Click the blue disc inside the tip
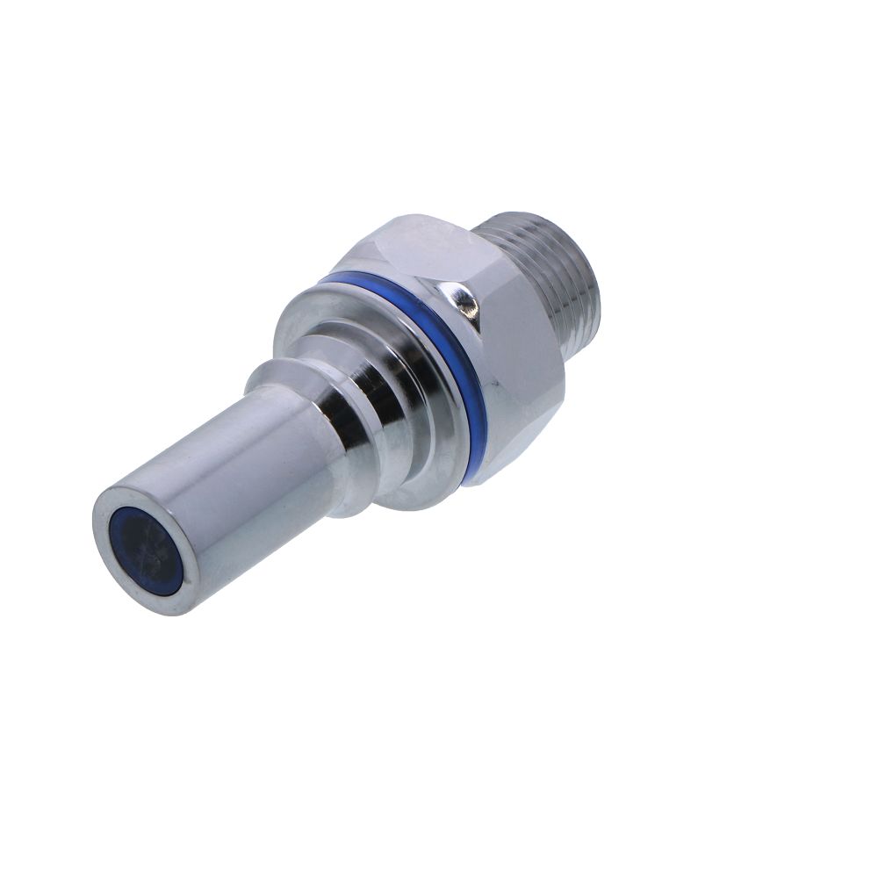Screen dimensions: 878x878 coord(145,551)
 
